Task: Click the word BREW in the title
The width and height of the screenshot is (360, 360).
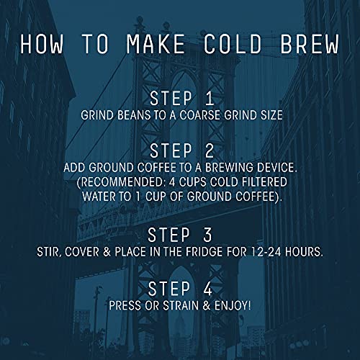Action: (x=305, y=43)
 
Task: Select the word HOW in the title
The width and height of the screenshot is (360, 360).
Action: (x=47, y=43)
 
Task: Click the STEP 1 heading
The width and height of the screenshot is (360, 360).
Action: (x=181, y=97)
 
